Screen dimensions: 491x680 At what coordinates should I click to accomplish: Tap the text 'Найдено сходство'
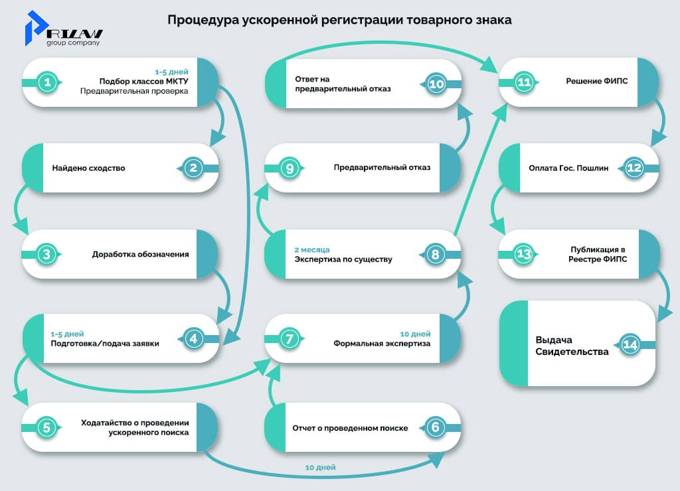(88, 168)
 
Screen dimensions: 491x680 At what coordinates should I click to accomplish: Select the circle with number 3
(46, 254)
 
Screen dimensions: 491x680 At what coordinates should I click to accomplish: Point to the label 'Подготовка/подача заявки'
(105, 343)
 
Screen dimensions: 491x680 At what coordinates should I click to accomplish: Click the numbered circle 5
(46, 427)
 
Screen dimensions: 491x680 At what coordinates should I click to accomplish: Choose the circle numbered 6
(435, 427)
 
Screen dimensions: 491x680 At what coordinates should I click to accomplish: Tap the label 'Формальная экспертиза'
(382, 343)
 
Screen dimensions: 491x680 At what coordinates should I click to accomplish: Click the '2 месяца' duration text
(311, 250)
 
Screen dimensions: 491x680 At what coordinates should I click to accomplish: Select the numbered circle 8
(435, 254)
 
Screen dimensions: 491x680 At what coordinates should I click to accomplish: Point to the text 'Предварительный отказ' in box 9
(382, 167)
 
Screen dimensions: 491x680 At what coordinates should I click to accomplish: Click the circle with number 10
(435, 84)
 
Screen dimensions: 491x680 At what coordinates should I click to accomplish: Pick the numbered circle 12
(634, 168)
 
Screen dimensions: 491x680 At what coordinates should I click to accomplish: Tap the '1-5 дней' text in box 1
(171, 72)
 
